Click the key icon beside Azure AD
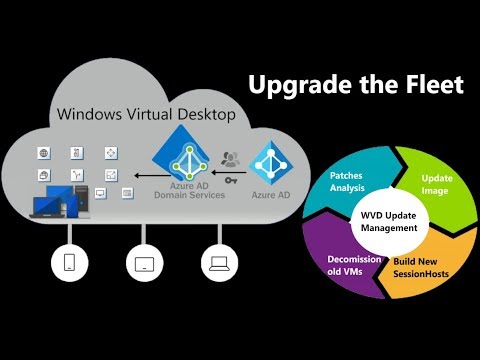(232, 179)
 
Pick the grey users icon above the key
(231, 157)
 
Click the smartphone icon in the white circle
(69, 264)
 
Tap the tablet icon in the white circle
(140, 264)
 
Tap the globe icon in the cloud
(43, 152)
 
